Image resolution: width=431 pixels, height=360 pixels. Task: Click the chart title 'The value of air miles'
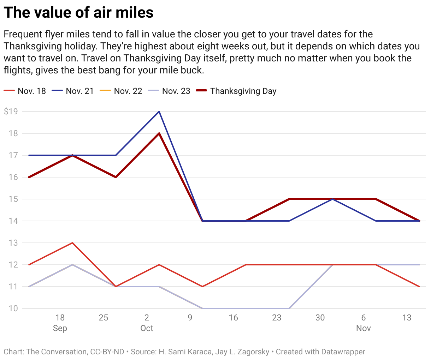pyautogui.click(x=78, y=12)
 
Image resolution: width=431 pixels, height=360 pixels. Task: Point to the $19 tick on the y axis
pyautogui.click(x=11, y=112)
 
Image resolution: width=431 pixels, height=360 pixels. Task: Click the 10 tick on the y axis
pyautogui.click(x=13, y=308)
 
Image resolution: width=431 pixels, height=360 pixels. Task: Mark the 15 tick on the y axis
pyautogui.click(x=13, y=199)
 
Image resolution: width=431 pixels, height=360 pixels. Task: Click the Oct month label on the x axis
pyautogui.click(x=147, y=328)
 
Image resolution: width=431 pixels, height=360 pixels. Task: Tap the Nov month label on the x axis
pyautogui.click(x=363, y=328)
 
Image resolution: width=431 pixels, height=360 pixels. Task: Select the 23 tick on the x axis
pyautogui.click(x=277, y=318)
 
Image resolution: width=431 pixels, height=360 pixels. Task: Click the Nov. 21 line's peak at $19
pyautogui.click(x=159, y=112)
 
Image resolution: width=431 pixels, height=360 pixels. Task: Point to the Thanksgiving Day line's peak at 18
pyautogui.click(x=159, y=133)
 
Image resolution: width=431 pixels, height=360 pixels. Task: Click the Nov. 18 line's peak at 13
pyautogui.click(x=72, y=243)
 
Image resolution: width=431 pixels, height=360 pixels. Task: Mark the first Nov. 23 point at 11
pyautogui.click(x=29, y=287)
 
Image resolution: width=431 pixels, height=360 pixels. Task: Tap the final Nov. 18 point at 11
pyautogui.click(x=419, y=287)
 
